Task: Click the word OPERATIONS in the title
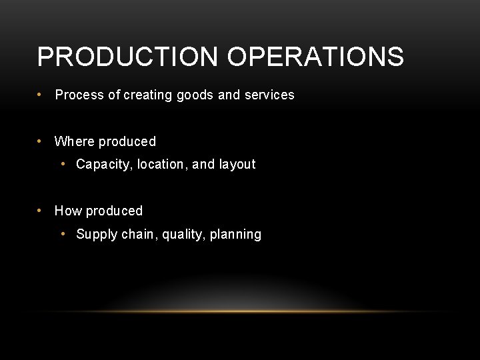[315, 57]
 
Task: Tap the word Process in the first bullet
[79, 95]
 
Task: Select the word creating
[147, 95]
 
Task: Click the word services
[269, 95]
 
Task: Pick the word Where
[74, 141]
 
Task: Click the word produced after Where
[127, 141]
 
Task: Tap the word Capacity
[105, 165]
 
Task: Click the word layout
[237, 165]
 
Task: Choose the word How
[68, 211]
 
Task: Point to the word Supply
[97, 235]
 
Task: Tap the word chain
[137, 234]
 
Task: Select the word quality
[182, 235]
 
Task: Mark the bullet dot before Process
[41, 94]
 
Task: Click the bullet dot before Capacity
[63, 164]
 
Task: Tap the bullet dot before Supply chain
[63, 234]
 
